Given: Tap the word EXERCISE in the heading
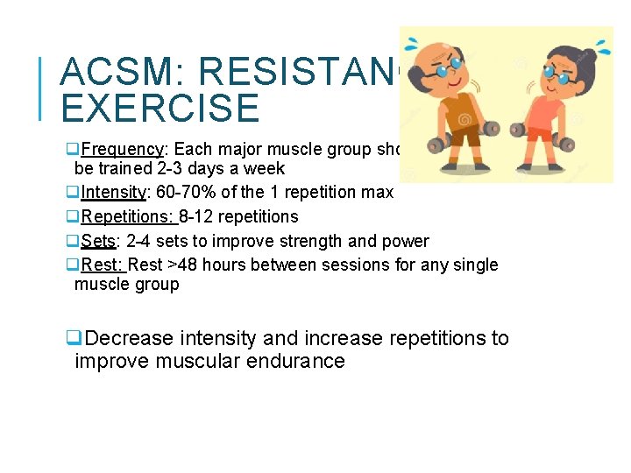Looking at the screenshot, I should coord(160,108).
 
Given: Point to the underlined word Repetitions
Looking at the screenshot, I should coord(129,216).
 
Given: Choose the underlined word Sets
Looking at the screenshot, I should coord(98,241).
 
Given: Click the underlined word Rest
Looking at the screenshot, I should coord(103,265).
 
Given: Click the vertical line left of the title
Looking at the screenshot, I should coord(43,87).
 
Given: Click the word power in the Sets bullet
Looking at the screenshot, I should coord(408,241).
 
